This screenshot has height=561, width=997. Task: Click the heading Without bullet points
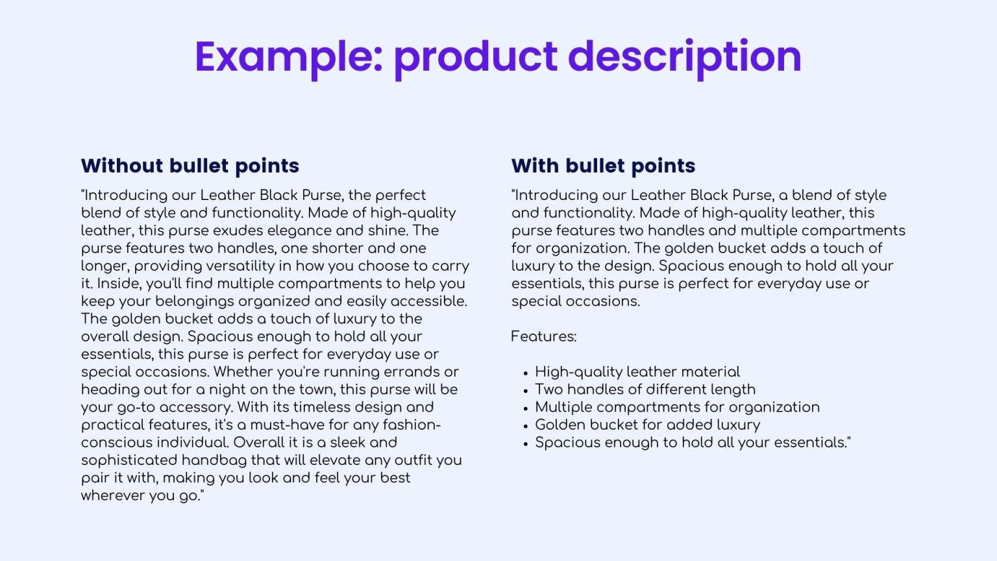click(x=190, y=166)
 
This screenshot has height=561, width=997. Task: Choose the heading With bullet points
click(x=603, y=166)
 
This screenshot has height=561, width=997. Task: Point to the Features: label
click(x=543, y=336)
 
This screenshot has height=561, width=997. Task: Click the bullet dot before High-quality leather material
click(x=525, y=373)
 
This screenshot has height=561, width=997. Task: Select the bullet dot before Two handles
click(x=525, y=391)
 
